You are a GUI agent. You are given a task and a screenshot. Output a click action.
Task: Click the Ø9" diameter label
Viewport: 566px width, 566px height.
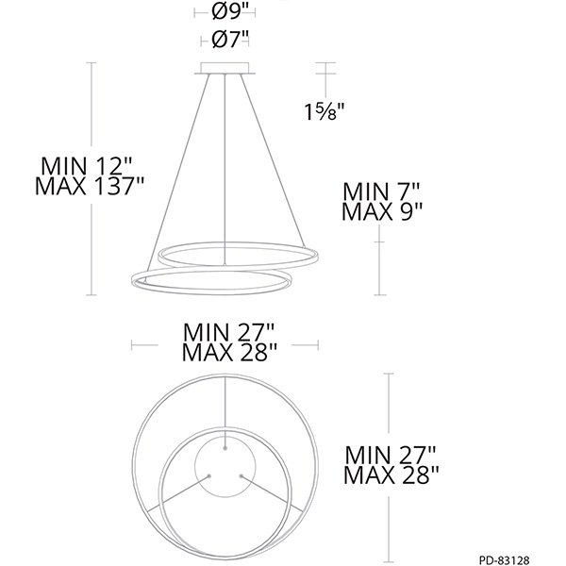[x=230, y=12]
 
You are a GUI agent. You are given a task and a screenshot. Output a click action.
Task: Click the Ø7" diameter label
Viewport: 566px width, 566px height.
[x=230, y=40]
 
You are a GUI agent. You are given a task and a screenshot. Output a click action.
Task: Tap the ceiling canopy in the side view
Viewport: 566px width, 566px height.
[x=225, y=69]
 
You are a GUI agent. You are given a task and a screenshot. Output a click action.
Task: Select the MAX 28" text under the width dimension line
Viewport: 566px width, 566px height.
[x=229, y=353]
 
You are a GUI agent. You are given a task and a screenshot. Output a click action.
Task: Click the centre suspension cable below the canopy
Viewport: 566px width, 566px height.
[x=226, y=160]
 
